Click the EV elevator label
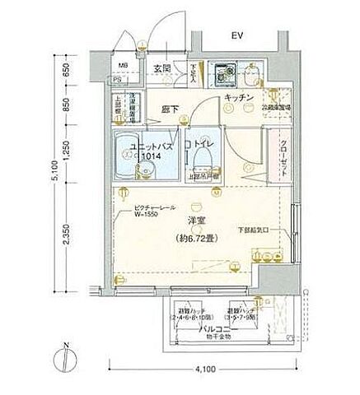pyautogui.click(x=237, y=35)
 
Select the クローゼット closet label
pyautogui.click(x=282, y=153)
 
